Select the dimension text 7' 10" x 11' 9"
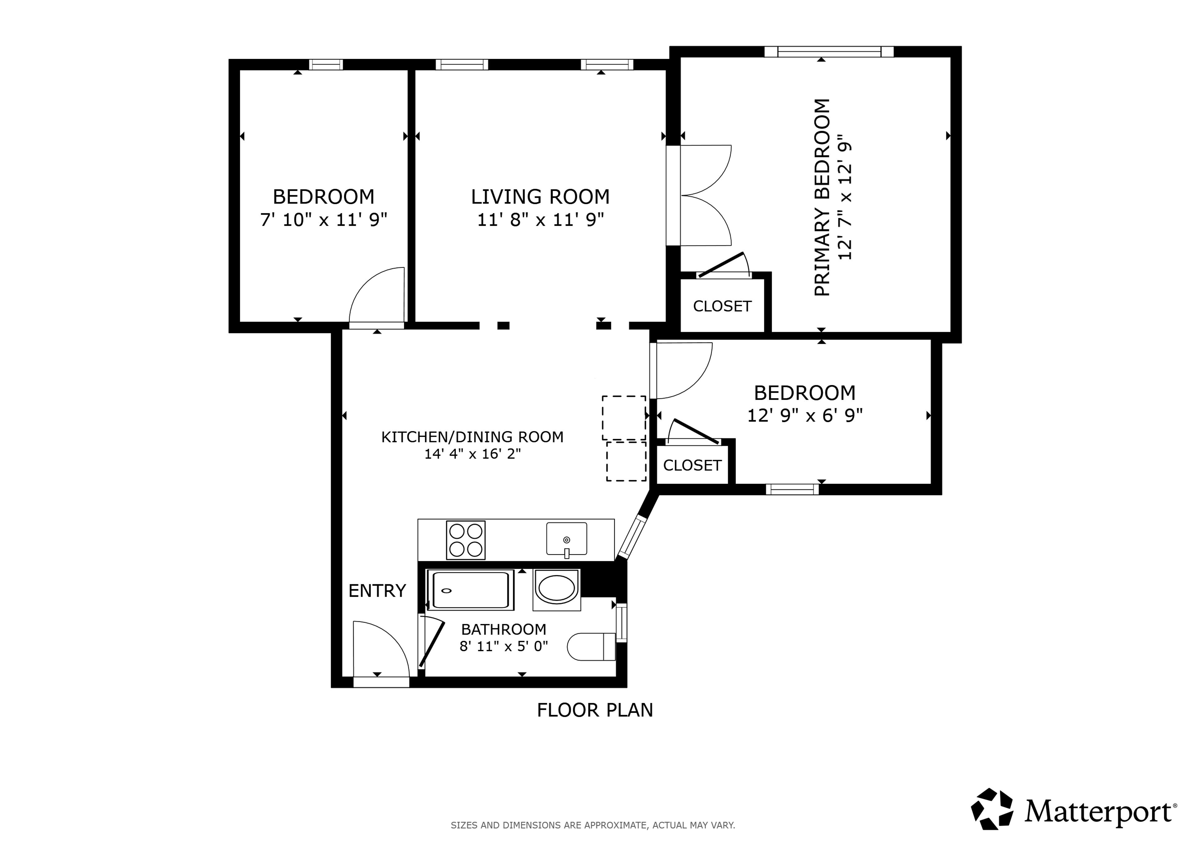[323, 220]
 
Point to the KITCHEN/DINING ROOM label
[472, 437]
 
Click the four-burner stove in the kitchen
[465, 540]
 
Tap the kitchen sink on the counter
[566, 540]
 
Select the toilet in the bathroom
[591, 647]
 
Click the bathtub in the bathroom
[470, 590]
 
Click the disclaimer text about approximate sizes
[593, 825]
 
